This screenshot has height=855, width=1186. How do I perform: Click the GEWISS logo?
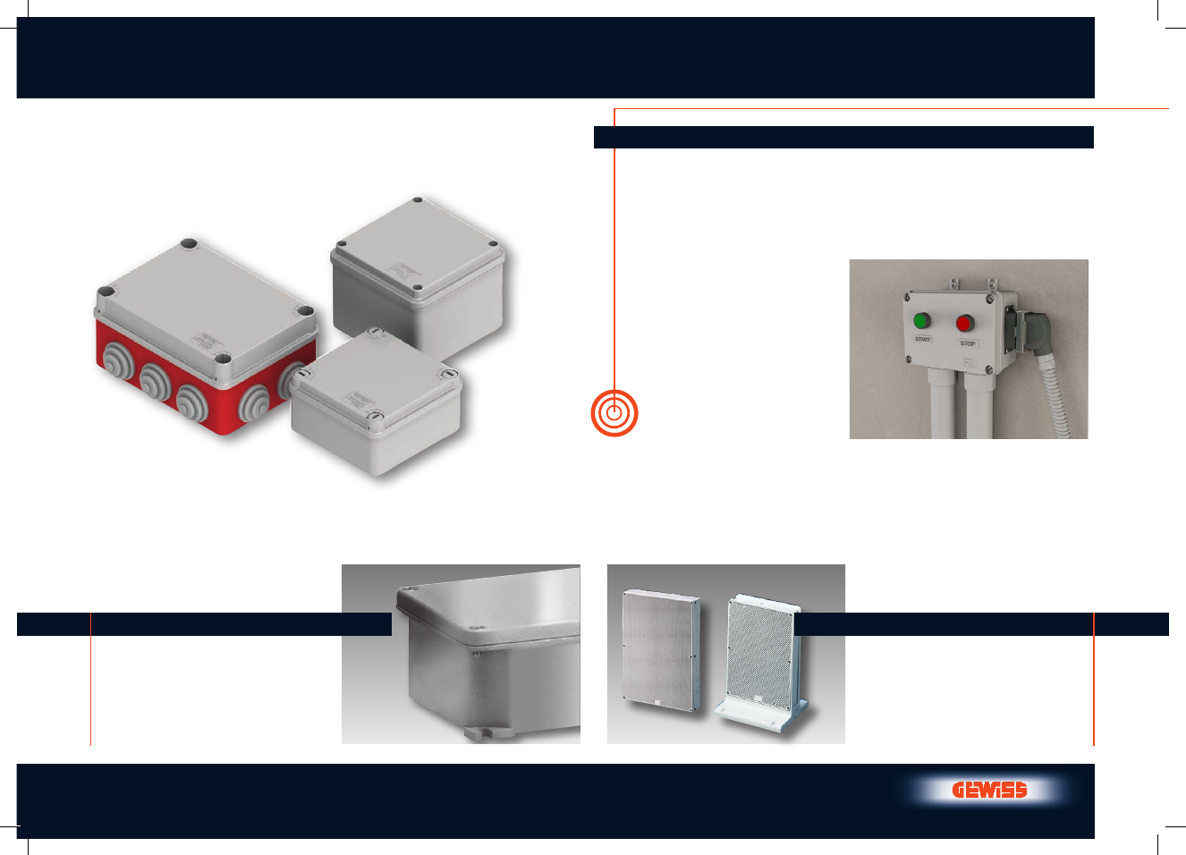[989, 791]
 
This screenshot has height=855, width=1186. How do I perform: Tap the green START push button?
[922, 321]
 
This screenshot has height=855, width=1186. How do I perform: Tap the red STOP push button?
[965, 323]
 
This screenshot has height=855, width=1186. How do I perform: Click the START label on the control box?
[922, 339]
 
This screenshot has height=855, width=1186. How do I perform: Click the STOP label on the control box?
[968, 343]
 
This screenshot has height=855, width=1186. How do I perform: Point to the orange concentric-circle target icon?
[614, 413]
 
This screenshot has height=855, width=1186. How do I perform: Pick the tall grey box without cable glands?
[419, 275]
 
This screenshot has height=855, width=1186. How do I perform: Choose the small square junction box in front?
[376, 402]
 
